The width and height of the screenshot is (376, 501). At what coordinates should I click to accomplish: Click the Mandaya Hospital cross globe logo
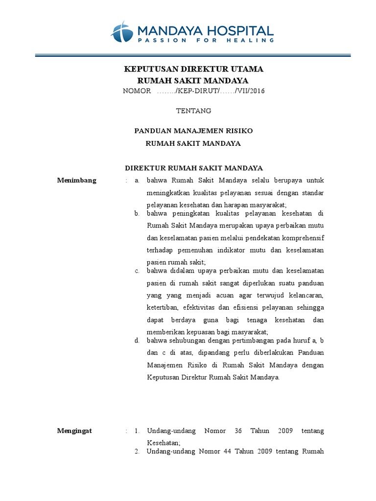121,32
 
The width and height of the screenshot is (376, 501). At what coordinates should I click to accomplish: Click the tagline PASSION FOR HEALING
205,41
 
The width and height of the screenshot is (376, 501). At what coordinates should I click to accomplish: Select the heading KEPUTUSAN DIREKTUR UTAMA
193,68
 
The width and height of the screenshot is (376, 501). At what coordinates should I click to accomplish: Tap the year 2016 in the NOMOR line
258,91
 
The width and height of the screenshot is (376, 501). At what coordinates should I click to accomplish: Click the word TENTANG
193,111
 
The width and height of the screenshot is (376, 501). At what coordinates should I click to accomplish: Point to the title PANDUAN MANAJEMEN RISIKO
193,131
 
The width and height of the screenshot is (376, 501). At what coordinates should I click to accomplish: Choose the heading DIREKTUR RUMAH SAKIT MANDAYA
194,168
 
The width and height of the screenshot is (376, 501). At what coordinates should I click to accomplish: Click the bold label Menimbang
77,180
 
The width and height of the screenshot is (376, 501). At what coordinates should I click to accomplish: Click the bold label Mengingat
74,431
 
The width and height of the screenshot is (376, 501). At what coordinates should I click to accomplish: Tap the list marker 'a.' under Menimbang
137,180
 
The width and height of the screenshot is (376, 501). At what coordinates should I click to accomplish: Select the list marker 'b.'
137,213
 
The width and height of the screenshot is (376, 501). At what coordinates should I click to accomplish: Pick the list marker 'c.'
137,271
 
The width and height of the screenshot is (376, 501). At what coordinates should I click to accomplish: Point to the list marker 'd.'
137,341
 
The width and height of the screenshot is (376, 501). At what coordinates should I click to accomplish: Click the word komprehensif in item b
304,238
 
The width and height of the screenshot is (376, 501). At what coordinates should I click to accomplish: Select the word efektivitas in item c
199,307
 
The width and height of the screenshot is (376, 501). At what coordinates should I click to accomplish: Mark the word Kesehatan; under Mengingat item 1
164,442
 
